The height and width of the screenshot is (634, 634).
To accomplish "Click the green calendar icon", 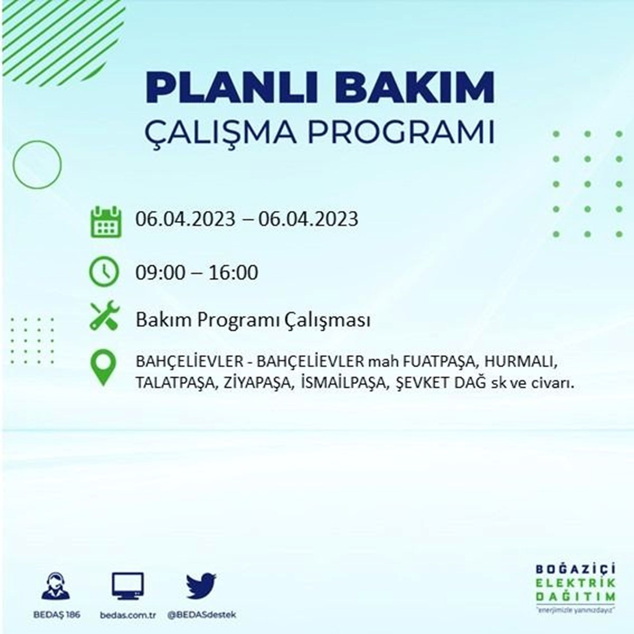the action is click(x=106, y=221).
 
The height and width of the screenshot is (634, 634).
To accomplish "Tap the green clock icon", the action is click(x=104, y=272).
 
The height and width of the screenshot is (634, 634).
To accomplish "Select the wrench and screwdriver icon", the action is click(x=105, y=315).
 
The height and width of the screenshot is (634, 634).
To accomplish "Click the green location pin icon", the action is click(x=103, y=368).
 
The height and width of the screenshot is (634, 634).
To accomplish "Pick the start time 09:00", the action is click(x=161, y=273).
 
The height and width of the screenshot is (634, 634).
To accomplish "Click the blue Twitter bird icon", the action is click(x=201, y=586).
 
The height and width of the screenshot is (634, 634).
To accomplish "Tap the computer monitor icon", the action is click(x=128, y=585).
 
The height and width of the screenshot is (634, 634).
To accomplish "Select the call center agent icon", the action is click(x=55, y=586).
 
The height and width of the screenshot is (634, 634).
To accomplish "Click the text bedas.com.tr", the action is click(x=128, y=615).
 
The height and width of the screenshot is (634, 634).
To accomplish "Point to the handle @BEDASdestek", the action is click(x=201, y=615).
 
